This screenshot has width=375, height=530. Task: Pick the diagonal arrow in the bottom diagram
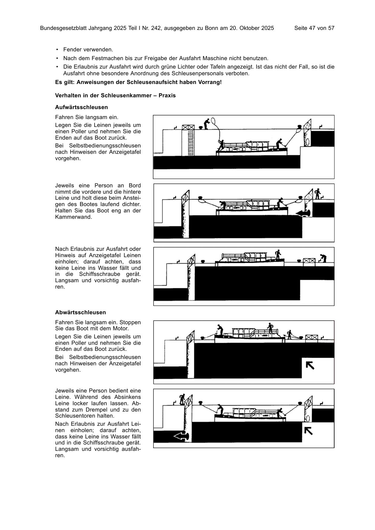click(x=308, y=431)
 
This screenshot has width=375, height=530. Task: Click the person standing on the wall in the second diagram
click(x=317, y=194)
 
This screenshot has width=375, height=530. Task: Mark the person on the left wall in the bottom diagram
click(x=182, y=399)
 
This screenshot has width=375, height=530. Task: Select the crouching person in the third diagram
click(x=323, y=258)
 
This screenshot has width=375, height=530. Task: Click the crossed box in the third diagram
click(x=309, y=262)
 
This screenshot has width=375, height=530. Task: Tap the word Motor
click(x=120, y=328)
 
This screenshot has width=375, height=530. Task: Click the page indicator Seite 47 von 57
click(x=314, y=28)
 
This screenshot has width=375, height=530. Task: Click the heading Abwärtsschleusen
click(x=80, y=312)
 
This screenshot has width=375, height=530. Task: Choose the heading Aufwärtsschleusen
click(x=81, y=107)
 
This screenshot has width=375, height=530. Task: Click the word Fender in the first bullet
click(x=72, y=50)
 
